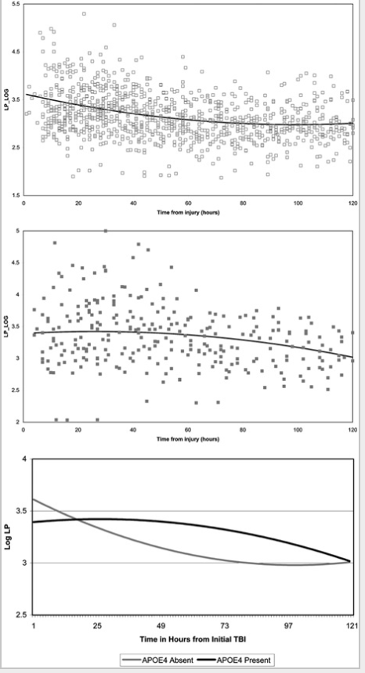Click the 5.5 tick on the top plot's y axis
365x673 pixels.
(x=16, y=5)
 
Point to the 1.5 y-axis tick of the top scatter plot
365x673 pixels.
(x=16, y=194)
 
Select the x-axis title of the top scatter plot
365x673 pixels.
(x=188, y=211)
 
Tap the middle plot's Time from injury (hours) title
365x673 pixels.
(x=188, y=440)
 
